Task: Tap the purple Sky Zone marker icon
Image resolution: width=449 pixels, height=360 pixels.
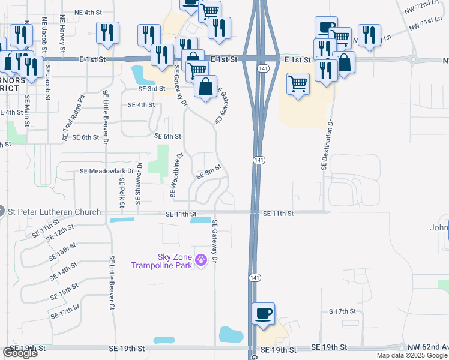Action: (x=200, y=260)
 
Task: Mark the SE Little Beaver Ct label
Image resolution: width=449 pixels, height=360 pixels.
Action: (x=112, y=282)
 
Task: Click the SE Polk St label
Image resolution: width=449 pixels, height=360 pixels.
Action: (x=122, y=191)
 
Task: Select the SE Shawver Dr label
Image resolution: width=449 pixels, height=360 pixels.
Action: (x=139, y=182)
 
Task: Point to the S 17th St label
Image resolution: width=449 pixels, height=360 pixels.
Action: (x=342, y=311)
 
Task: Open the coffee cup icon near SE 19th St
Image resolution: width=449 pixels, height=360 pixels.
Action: (x=263, y=314)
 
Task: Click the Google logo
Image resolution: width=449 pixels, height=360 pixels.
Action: (x=20, y=353)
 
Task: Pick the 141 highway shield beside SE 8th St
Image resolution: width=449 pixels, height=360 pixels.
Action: (x=257, y=160)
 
